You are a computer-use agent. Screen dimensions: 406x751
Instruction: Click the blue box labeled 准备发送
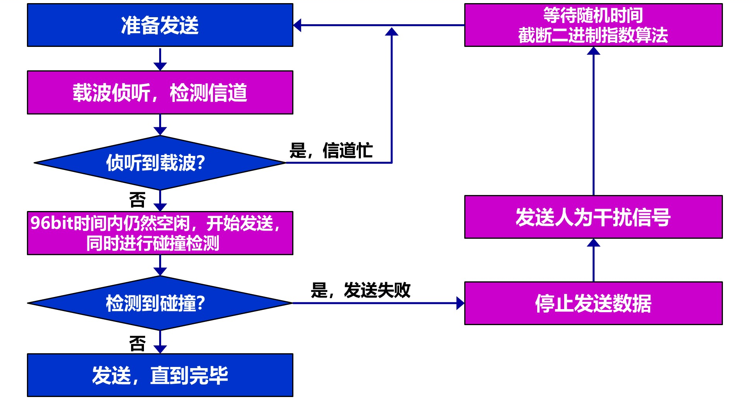click(x=160, y=25)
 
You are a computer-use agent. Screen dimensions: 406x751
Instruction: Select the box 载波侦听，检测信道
click(x=160, y=93)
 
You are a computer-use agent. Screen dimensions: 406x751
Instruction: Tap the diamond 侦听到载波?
click(x=160, y=163)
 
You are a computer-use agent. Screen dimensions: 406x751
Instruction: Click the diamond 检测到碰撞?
click(x=160, y=303)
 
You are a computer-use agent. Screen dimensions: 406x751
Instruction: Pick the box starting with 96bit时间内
click(x=160, y=233)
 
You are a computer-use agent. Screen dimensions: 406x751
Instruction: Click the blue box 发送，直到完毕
click(x=160, y=375)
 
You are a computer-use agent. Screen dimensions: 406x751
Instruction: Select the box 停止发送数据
click(x=593, y=303)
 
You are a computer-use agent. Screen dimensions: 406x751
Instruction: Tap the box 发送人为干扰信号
click(x=593, y=217)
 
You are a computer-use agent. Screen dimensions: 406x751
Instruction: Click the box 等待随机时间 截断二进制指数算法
click(x=593, y=25)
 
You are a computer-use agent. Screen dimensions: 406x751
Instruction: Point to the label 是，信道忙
click(x=331, y=150)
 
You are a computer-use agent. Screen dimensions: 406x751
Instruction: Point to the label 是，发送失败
click(x=360, y=290)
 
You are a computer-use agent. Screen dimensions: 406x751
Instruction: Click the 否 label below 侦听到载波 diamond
click(x=137, y=200)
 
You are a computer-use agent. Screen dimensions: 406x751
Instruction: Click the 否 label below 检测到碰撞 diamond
click(x=137, y=344)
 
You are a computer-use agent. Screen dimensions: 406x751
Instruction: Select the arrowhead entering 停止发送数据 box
click(x=460, y=303)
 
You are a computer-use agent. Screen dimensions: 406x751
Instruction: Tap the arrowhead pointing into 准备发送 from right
click(x=297, y=25)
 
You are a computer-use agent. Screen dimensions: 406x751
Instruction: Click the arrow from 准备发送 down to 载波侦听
click(x=160, y=59)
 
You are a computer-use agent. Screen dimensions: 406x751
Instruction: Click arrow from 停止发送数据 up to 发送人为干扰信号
click(x=593, y=260)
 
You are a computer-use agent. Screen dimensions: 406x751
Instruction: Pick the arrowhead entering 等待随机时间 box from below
click(x=593, y=51)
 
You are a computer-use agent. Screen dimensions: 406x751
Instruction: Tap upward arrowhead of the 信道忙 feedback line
click(x=392, y=32)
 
